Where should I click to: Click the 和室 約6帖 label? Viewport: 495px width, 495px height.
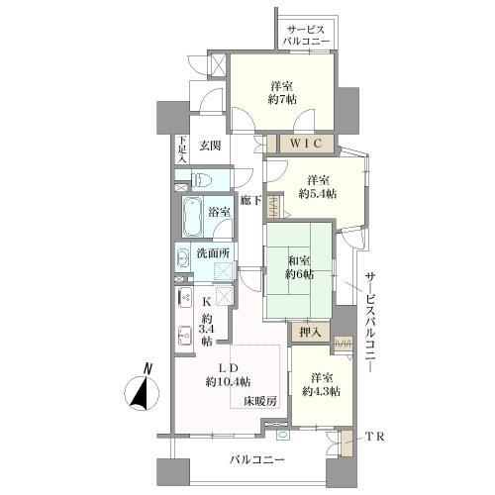299,266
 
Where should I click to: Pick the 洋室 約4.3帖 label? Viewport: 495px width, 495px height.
323,383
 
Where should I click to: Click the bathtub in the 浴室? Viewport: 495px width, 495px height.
190,213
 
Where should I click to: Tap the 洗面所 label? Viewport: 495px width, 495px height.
214,253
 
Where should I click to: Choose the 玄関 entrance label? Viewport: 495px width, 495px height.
209,147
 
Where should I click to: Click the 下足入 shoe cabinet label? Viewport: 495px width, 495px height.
182,150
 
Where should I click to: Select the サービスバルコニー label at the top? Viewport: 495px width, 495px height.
307,35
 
